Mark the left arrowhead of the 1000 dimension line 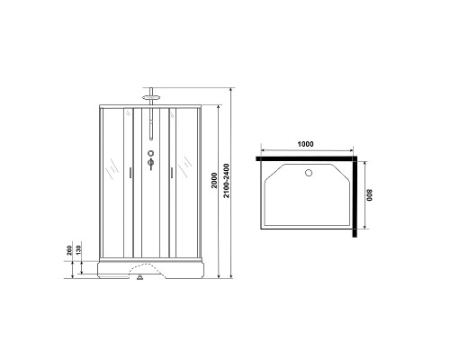(260, 149)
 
